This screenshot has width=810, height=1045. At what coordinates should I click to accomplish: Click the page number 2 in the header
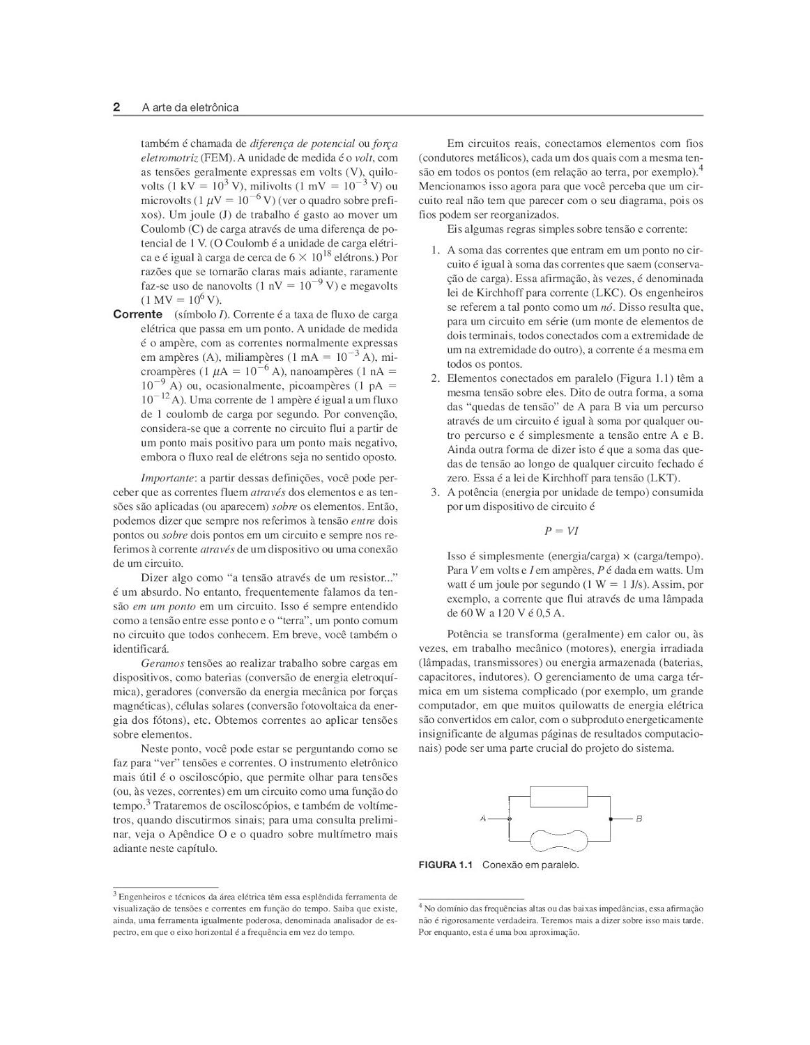pyautogui.click(x=117, y=107)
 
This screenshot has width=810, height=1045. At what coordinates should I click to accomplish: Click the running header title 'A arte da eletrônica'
pyautogui.click(x=190, y=107)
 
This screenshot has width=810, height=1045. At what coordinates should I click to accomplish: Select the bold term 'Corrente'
pyautogui.click(x=138, y=315)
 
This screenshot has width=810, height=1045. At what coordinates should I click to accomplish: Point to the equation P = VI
pyautogui.click(x=561, y=531)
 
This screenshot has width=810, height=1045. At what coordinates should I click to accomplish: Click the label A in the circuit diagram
pyautogui.click(x=482, y=819)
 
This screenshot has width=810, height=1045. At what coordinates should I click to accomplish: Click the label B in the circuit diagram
pyautogui.click(x=639, y=819)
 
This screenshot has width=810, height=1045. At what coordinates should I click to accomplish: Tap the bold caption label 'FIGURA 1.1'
pyautogui.click(x=445, y=865)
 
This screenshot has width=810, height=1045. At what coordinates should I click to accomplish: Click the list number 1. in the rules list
pyautogui.click(x=434, y=250)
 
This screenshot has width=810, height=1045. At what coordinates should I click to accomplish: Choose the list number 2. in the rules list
pyautogui.click(x=434, y=378)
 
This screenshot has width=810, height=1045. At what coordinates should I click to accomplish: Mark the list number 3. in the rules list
pyautogui.click(x=434, y=492)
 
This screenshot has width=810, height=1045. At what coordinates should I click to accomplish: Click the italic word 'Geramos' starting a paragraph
pyautogui.click(x=162, y=663)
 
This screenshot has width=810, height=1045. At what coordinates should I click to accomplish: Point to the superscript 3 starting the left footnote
pyautogui.click(x=115, y=895)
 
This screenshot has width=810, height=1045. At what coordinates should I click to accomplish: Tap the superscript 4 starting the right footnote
pyautogui.click(x=420, y=907)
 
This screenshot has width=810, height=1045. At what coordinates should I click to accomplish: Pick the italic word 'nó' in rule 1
pyautogui.click(x=607, y=307)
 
